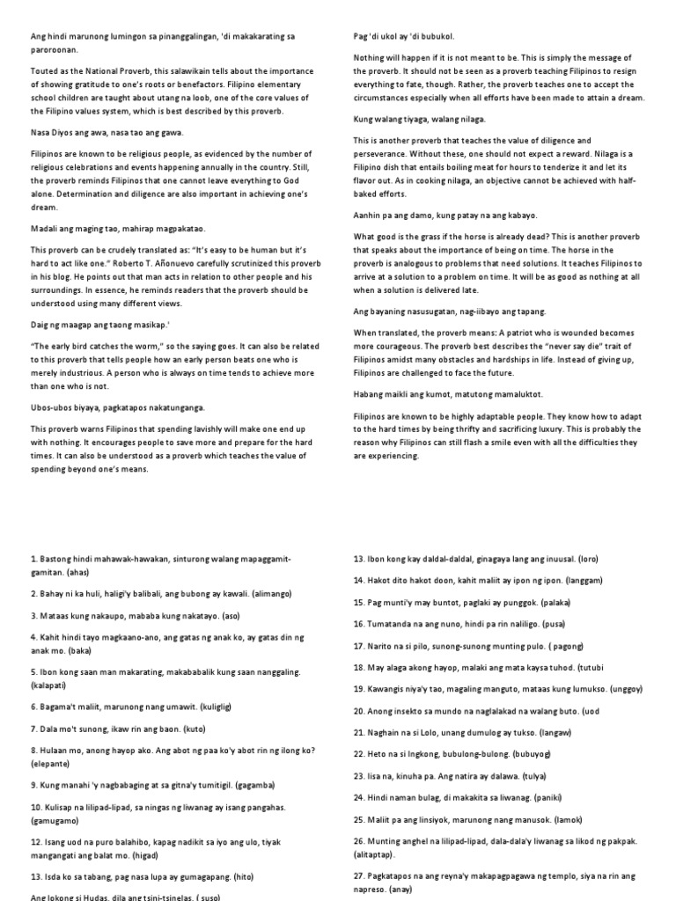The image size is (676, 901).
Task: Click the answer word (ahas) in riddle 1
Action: click(80, 573)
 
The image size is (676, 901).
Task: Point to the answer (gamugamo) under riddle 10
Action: click(55, 820)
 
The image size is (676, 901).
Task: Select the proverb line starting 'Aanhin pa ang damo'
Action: click(445, 214)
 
